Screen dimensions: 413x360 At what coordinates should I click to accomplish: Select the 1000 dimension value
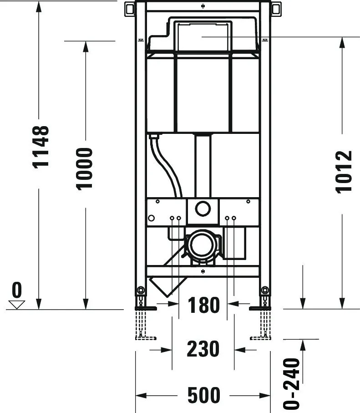(85, 168)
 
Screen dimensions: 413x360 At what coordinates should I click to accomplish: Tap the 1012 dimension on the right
(344, 171)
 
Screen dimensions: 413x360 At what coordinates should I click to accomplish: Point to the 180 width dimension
(203, 305)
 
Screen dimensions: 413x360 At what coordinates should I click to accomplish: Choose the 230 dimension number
(203, 349)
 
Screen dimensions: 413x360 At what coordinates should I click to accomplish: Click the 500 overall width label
(203, 395)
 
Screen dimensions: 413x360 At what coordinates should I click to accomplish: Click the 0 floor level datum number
(17, 289)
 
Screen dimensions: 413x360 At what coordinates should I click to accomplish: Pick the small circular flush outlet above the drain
(203, 209)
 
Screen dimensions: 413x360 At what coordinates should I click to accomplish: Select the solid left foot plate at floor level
(146, 309)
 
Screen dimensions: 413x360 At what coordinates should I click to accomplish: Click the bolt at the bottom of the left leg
(141, 290)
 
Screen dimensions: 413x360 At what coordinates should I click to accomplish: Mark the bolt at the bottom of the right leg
(265, 290)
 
